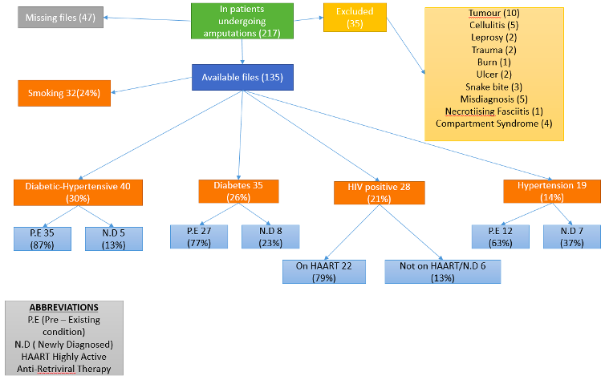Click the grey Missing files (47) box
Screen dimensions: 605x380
[x=60, y=18]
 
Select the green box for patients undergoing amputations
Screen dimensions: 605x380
[x=242, y=21]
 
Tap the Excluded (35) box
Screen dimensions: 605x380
[x=355, y=18]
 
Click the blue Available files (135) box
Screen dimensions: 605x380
[x=242, y=77]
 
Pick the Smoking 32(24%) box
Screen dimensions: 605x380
[x=64, y=93]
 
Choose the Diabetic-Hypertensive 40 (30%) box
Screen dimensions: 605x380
[x=78, y=192]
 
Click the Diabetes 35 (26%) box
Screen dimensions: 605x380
[x=238, y=191]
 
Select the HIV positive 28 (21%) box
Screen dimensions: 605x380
[x=380, y=192]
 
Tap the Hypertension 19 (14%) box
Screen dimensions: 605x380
[x=552, y=191]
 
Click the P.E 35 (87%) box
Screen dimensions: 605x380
[x=43, y=239]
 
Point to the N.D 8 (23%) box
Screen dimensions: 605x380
[x=270, y=236]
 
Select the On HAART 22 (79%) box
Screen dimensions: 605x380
[x=324, y=272]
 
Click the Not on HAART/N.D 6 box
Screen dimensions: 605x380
[x=443, y=272]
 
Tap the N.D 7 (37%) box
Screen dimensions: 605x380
[x=572, y=236]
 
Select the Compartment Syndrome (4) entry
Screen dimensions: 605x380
[x=494, y=123]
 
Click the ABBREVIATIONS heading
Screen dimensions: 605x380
[x=64, y=308]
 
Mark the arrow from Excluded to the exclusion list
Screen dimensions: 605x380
[x=406, y=46]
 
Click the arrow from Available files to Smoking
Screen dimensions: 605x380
[x=151, y=85]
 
